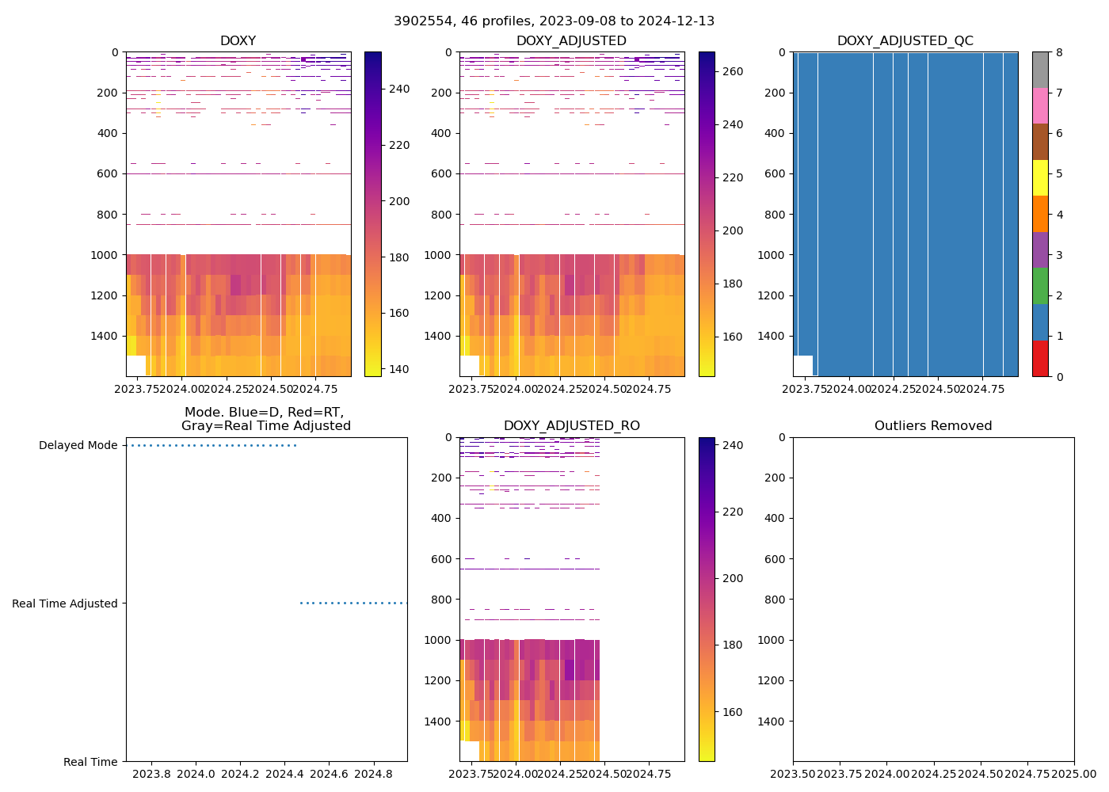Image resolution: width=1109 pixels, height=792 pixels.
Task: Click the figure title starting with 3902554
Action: click(554, 21)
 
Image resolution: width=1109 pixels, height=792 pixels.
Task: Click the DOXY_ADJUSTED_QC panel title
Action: click(905, 41)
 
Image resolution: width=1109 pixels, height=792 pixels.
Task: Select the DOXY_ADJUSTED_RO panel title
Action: click(571, 426)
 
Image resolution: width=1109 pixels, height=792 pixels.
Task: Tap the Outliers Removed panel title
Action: click(932, 426)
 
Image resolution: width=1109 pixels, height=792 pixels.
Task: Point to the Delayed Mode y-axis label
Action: click(78, 446)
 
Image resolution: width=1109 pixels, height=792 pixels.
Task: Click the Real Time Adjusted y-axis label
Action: click(64, 604)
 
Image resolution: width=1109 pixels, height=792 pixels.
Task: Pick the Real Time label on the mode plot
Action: click(90, 762)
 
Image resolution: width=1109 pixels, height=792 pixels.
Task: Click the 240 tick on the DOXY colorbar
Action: click(399, 89)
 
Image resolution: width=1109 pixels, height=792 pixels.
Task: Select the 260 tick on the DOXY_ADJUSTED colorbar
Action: click(734, 71)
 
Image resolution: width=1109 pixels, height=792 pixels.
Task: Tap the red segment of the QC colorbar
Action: click(1039, 358)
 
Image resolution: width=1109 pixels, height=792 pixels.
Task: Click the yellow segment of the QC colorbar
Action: click(1039, 178)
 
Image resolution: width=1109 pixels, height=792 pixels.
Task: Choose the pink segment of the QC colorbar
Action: click(1039, 106)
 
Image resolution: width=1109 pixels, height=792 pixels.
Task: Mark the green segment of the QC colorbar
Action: click(1039, 286)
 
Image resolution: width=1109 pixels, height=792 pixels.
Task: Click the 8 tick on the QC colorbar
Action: click(1059, 52)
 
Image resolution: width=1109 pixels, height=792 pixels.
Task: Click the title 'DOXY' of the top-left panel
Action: click(238, 41)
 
